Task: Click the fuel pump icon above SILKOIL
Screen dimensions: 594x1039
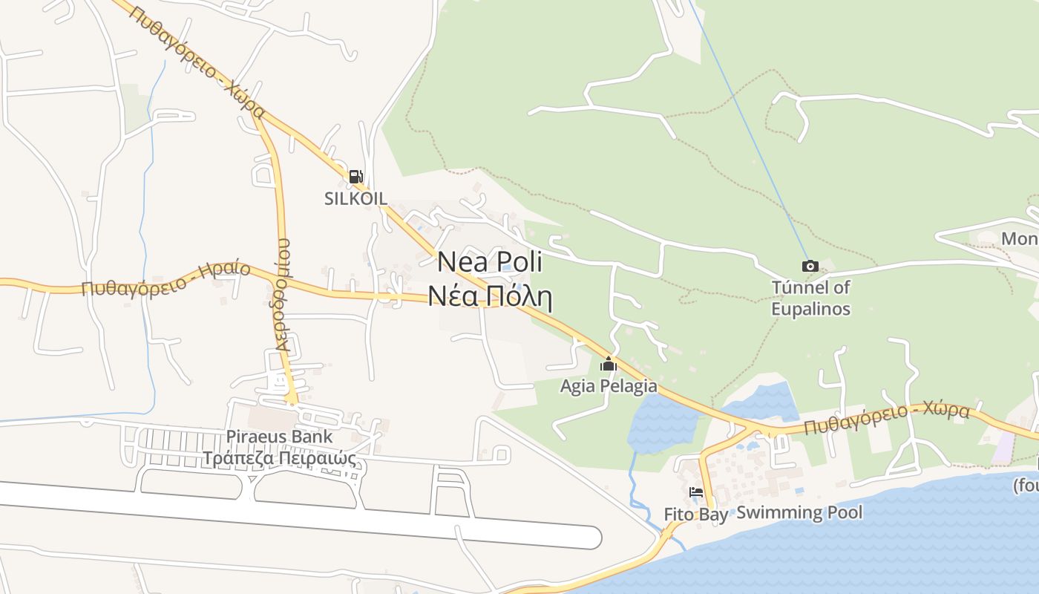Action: coord(355,177)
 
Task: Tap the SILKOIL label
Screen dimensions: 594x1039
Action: coord(355,198)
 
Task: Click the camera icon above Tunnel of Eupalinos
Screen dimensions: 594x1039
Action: coord(810,266)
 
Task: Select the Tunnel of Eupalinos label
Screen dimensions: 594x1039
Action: coord(810,298)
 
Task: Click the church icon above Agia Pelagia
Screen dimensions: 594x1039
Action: coord(609,364)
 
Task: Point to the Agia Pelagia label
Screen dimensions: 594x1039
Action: coord(609,386)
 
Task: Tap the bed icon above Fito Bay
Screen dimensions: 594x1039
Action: coord(695,492)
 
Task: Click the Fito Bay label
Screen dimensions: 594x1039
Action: coord(695,514)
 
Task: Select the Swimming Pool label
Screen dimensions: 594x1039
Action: coord(799,512)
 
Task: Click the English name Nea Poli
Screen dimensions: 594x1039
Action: coord(490,262)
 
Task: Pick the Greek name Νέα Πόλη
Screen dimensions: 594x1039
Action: coord(490,296)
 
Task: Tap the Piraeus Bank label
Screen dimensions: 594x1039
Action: coord(280,437)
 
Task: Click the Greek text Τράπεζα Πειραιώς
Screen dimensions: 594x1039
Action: coord(280,458)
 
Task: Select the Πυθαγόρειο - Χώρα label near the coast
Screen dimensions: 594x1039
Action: coord(886,420)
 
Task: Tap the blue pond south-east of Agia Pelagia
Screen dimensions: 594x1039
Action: coord(662,423)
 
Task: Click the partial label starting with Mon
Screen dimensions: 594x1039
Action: coord(1020,239)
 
